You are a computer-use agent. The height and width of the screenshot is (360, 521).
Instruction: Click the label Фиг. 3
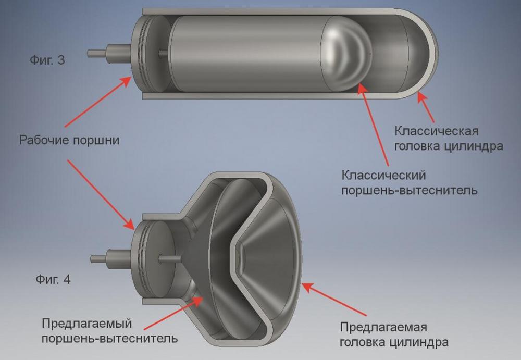[47, 60]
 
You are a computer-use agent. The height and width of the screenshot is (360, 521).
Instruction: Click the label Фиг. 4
[53, 279]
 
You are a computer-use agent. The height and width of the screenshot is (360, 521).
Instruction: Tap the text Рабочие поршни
[69, 140]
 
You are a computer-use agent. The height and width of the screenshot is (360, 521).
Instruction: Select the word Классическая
[437, 131]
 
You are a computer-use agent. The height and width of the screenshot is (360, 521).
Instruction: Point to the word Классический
[384, 175]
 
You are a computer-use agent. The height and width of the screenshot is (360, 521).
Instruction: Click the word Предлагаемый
[87, 324]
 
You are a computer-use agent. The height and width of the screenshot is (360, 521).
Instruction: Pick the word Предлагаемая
[383, 327]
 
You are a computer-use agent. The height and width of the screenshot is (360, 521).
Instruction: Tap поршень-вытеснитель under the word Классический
[410, 191]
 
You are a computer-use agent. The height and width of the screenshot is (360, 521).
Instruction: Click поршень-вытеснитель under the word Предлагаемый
[109, 339]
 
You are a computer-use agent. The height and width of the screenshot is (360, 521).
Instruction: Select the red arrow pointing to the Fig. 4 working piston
[101, 195]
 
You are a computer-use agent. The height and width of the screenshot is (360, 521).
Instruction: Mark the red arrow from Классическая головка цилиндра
[426, 107]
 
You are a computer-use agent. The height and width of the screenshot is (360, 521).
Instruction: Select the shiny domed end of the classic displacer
[345, 53]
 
